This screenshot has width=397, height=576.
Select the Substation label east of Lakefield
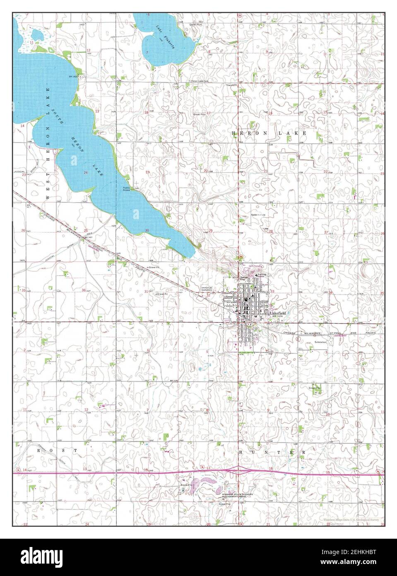pos(320,342)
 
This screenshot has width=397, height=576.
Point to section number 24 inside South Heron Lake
pos(86,172)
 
